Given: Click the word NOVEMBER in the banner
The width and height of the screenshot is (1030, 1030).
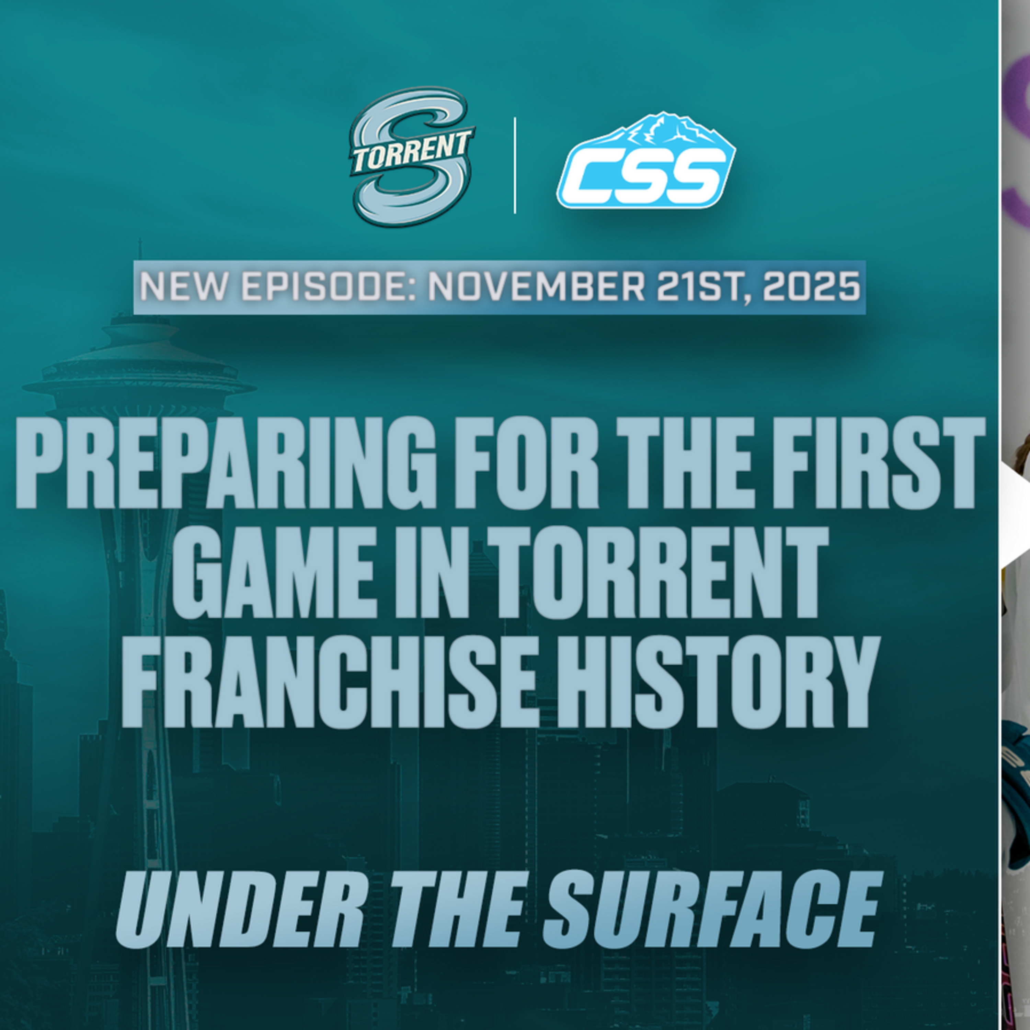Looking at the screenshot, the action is (536, 287).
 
